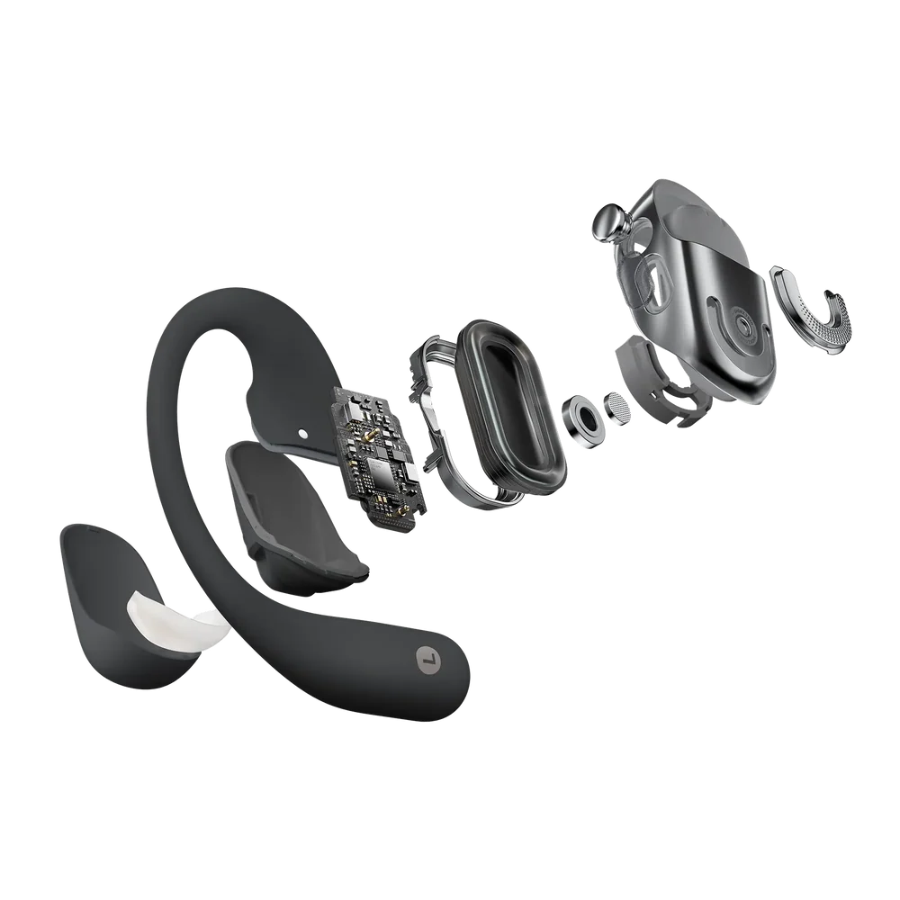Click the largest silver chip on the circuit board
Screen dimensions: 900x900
[x=371, y=467]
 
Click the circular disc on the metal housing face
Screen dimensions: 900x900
[x=743, y=323]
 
